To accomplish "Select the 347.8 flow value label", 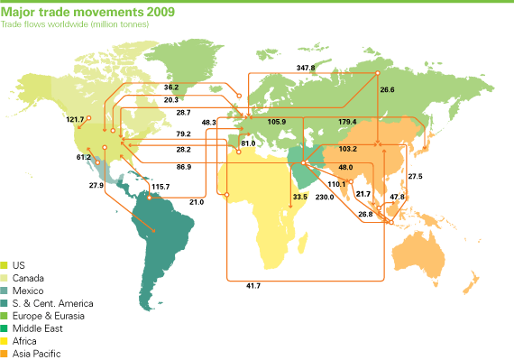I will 307,68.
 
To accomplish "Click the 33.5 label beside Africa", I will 301,197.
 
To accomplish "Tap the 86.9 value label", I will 183,167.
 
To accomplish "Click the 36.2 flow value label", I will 172,88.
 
